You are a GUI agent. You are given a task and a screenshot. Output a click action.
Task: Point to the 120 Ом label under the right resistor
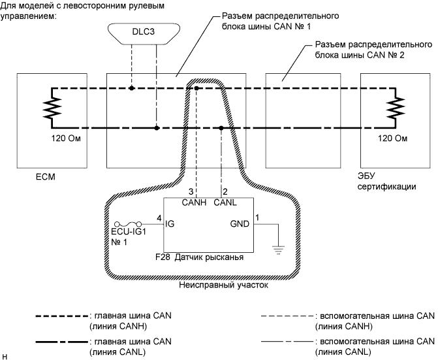[392, 139]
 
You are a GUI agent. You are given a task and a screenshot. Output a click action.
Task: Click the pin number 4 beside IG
[159, 218]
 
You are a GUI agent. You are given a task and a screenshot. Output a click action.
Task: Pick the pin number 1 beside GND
[257, 217]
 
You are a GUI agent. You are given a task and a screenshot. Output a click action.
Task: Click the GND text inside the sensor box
[240, 224]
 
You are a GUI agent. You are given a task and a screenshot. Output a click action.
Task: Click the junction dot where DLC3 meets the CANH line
[131, 88]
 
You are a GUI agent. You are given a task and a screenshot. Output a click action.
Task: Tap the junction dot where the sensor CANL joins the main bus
[222, 128]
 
